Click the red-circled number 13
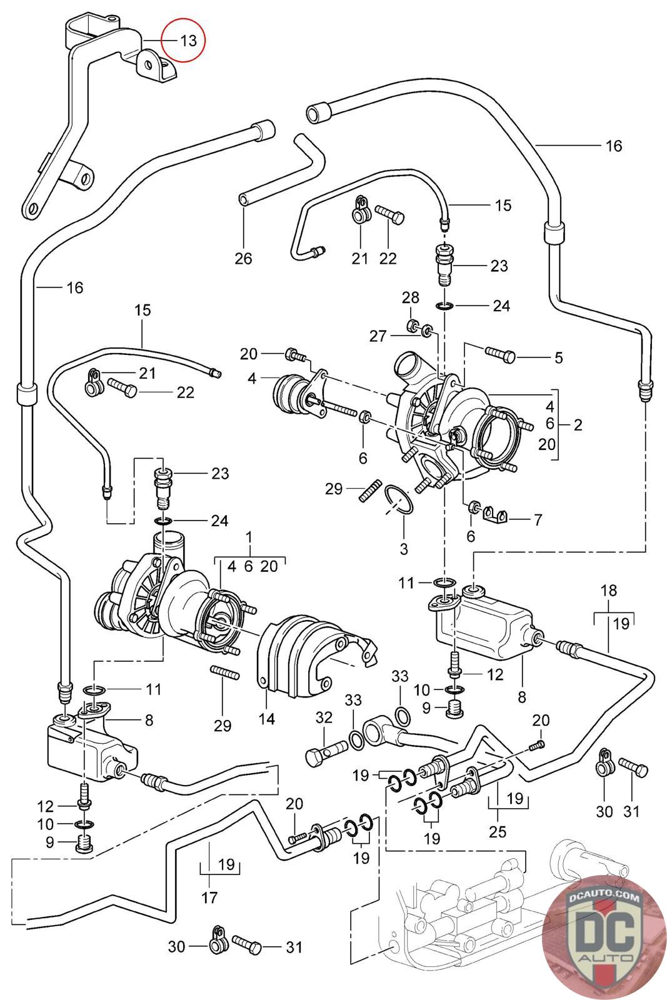click(x=188, y=41)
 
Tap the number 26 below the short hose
click(x=243, y=257)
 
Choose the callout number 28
click(x=411, y=297)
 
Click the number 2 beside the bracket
click(x=578, y=425)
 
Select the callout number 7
click(x=537, y=519)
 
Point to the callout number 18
click(x=608, y=591)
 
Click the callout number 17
click(x=209, y=897)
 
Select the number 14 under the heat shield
click(x=267, y=719)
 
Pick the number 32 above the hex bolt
click(x=324, y=717)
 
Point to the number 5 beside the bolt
click(x=558, y=357)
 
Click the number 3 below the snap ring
click(x=404, y=549)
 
